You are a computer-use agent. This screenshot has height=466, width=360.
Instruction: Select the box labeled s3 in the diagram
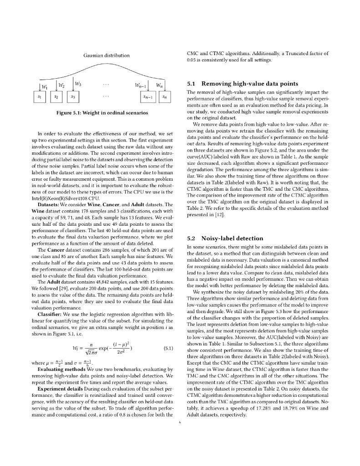click(73, 97)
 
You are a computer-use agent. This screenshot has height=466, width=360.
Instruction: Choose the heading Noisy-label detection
click(225, 238)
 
